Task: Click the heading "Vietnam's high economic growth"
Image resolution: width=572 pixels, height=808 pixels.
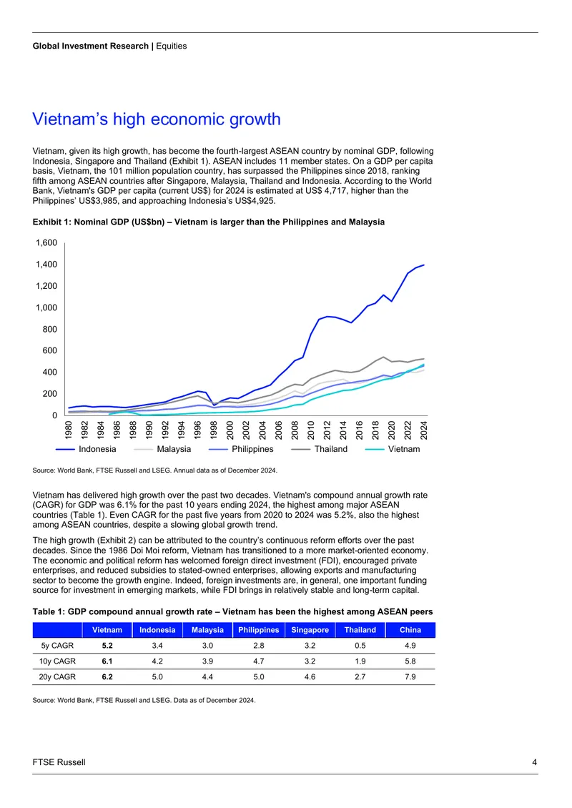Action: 157,119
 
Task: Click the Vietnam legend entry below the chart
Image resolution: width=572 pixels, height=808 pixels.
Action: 392,449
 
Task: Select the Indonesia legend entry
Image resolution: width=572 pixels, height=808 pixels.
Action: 86,449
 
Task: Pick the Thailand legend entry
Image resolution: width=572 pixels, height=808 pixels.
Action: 320,449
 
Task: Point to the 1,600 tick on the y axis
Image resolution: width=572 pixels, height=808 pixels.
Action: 46,242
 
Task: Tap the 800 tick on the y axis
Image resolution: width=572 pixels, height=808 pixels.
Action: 50,330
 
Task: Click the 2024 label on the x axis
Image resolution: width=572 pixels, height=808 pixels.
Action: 424,430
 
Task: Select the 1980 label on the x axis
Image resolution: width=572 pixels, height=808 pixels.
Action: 69,430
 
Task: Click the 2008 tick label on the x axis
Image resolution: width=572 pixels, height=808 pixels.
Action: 295,430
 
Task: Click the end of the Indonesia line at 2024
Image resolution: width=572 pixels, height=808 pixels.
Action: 424,265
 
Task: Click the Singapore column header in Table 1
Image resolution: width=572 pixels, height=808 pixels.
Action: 310,630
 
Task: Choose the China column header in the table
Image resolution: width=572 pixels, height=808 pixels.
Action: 410,630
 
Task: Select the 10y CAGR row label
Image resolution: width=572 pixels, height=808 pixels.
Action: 57,661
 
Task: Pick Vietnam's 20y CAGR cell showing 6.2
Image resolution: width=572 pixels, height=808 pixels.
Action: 107,676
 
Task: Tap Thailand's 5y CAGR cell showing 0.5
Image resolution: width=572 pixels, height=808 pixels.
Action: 360,646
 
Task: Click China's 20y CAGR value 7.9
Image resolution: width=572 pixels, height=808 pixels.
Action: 410,676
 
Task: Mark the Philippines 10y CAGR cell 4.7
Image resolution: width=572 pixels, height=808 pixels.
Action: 259,661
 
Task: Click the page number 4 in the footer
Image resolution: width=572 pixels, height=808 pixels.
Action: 534,762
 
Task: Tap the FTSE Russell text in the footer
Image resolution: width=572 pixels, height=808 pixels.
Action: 59,762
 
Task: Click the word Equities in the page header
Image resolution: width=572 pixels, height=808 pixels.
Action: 172,46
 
